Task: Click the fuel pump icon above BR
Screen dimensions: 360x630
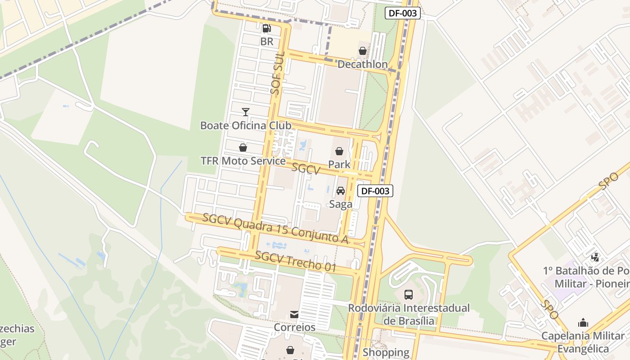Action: [266, 29]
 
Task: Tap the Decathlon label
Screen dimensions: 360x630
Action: [362, 64]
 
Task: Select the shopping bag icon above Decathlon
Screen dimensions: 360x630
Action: [362, 51]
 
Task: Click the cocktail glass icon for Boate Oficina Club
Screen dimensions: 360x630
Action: [245, 112]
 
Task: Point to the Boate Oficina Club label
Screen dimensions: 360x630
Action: [246, 126]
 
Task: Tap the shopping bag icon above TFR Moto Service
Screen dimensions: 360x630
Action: [243, 148]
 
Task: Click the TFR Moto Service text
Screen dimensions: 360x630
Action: [243, 161]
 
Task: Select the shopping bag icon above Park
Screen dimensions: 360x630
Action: [339, 151]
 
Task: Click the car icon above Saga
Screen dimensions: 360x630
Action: [341, 191]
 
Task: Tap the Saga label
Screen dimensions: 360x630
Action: [341, 204]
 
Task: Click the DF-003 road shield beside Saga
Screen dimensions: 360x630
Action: [375, 191]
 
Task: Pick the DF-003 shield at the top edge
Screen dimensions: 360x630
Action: [403, 13]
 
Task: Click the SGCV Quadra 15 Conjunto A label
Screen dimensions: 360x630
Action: [275, 229]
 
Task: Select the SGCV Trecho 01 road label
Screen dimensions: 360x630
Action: [296, 261]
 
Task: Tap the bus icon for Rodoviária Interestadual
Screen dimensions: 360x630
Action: [409, 295]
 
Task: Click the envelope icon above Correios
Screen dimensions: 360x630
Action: [294, 314]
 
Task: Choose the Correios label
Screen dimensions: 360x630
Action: [295, 327]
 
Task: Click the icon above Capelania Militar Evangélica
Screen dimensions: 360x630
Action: [583, 323]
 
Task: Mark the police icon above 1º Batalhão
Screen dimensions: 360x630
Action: [595, 257]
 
